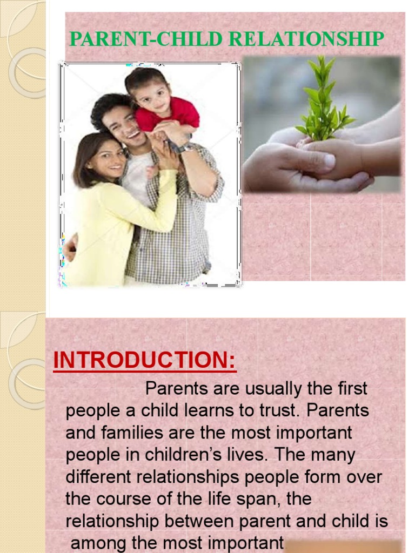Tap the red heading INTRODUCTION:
coord(145,361)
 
